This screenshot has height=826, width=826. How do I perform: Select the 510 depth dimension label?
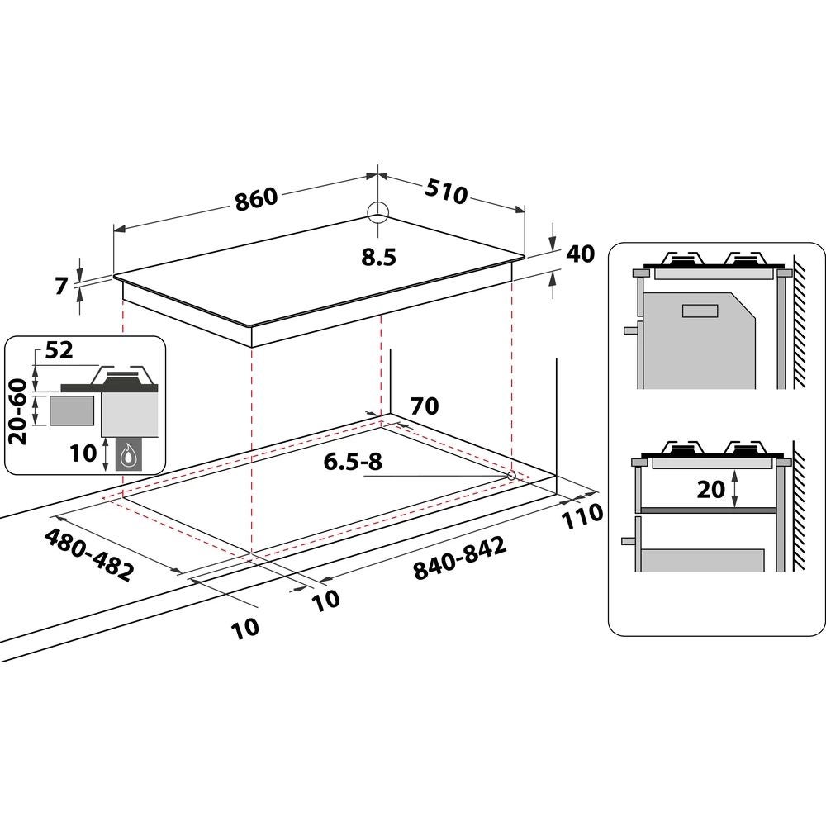pos(446,192)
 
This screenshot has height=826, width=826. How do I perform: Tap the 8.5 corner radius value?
pos(378,257)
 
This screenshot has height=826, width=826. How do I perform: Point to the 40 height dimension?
pos(581,254)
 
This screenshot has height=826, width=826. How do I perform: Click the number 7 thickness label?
pos(59,286)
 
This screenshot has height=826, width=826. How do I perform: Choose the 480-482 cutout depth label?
pos(88,554)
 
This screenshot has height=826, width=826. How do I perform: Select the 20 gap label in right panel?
pos(710,489)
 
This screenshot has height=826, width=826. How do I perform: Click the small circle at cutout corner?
pos(511,476)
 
